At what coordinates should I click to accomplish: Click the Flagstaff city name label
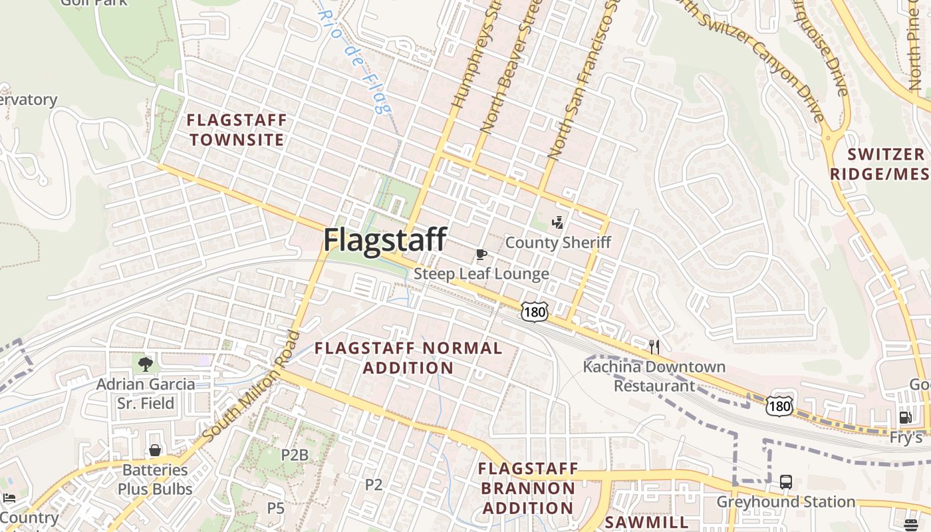tap(384, 239)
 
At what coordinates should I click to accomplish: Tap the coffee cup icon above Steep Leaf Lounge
tap(481, 254)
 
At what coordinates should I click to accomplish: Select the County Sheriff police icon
tap(559, 222)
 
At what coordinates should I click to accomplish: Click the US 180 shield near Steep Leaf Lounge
tap(534, 311)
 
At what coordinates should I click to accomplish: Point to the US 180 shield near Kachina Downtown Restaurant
tap(779, 404)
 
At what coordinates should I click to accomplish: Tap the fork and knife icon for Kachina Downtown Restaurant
tap(654, 346)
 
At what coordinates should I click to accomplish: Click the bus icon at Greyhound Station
tap(785, 481)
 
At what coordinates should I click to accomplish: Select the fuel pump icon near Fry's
tap(905, 418)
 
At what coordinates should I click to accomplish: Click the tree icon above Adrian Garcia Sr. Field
tap(146, 364)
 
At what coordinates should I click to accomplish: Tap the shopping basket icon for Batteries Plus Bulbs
tap(155, 450)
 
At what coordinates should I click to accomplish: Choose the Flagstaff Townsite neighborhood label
tap(237, 130)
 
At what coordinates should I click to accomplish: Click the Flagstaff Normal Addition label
tap(408, 358)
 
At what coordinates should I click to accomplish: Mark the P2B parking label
tap(295, 455)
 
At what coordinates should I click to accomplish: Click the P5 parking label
tap(275, 508)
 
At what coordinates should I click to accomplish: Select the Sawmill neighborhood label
tap(646, 522)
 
